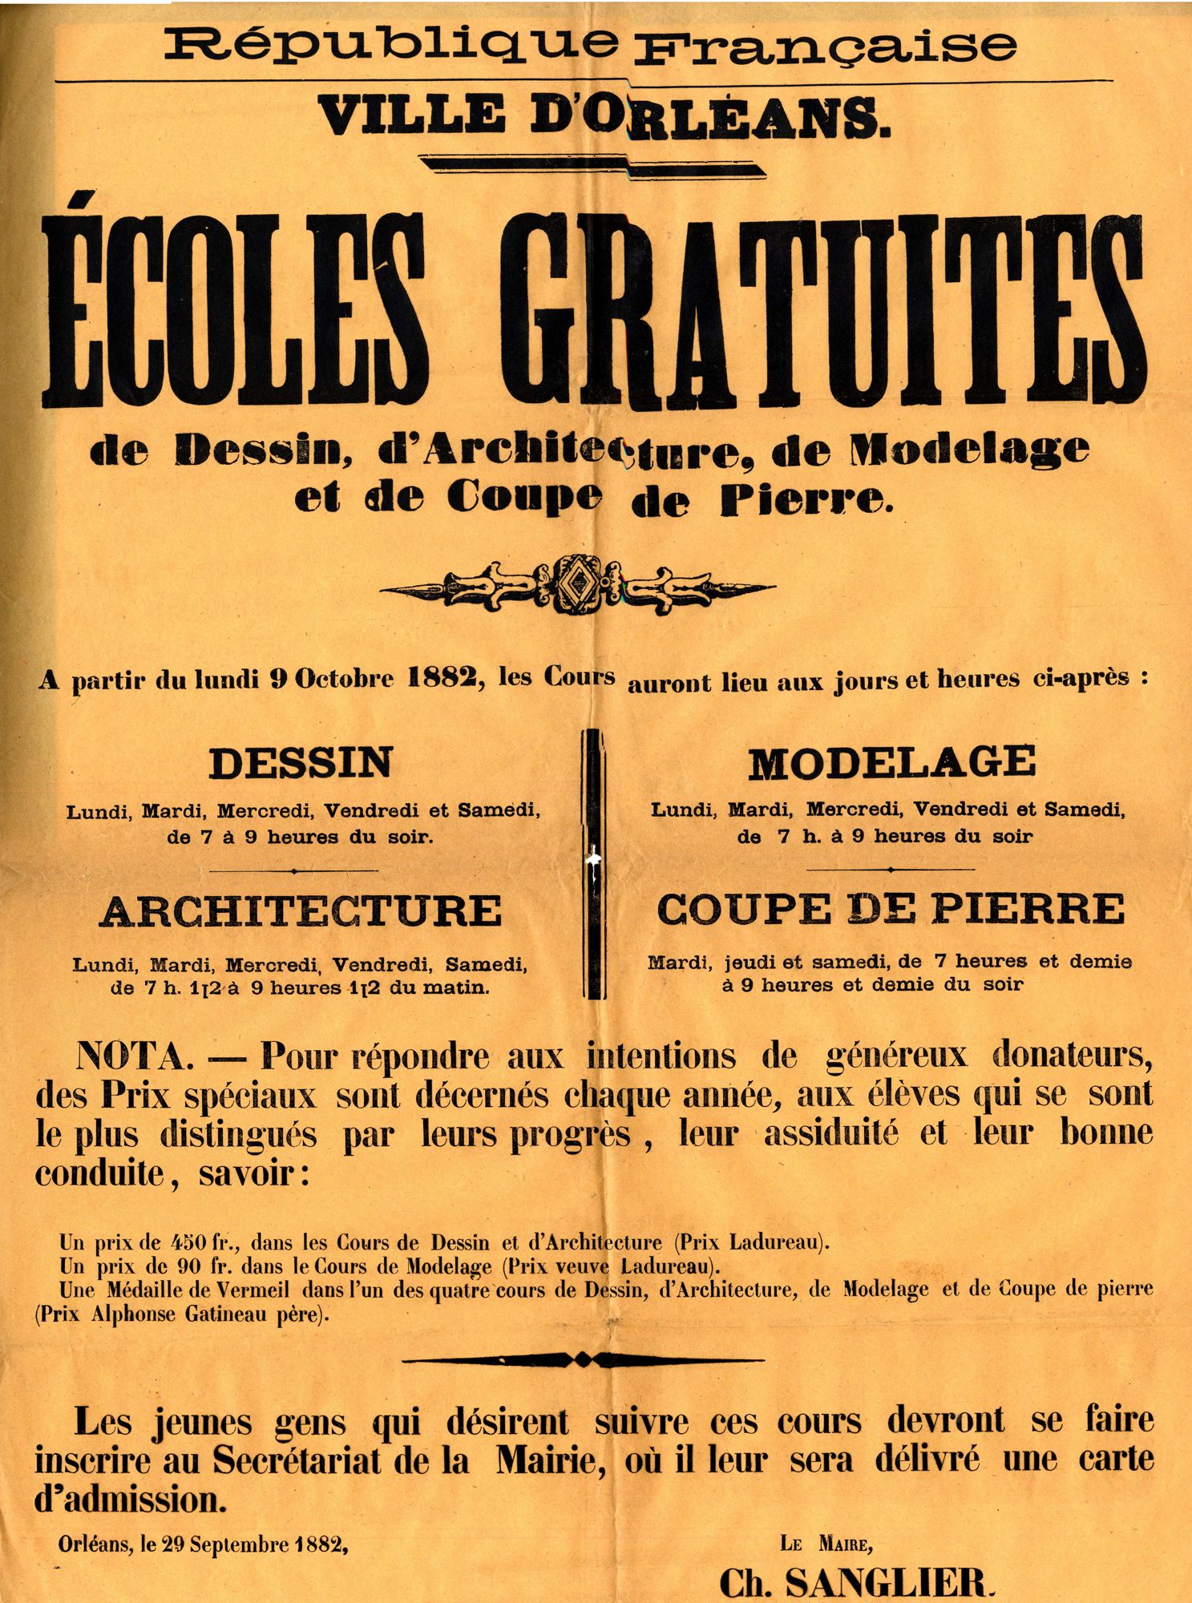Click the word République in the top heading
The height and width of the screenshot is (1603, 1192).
pos(391,46)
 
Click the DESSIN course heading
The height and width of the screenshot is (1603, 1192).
pos(301,762)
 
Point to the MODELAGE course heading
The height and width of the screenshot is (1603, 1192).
pos(891,762)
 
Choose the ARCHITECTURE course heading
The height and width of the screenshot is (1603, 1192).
pos(301,911)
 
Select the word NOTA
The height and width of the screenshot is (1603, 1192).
pos(135,1058)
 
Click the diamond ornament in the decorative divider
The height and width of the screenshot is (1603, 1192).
pos(576,583)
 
